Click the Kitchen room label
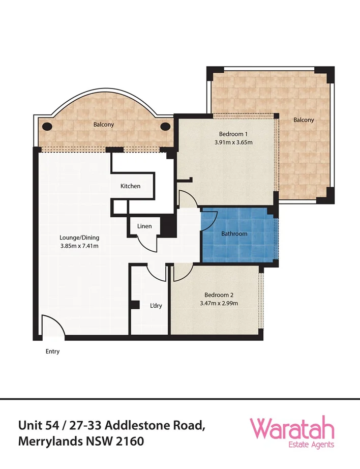(130, 186)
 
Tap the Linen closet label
(144, 226)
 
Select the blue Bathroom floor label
(234, 234)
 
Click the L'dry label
(156, 306)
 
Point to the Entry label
(52, 351)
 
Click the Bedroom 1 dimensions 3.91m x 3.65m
(234, 142)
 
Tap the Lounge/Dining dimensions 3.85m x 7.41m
(79, 246)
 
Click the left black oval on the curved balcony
(47, 126)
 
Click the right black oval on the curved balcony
(166, 126)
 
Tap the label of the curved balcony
(103, 124)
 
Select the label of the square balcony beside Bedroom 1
(304, 120)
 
